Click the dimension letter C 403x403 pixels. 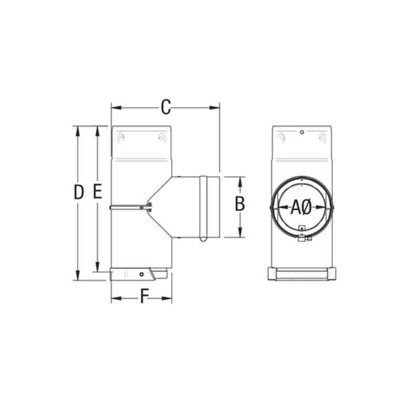166,107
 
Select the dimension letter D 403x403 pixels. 79,192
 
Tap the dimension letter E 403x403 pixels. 97,192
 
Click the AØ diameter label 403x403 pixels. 301,207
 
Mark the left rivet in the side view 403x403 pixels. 120,138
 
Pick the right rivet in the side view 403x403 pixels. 162,138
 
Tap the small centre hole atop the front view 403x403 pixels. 301,132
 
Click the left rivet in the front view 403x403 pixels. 281,138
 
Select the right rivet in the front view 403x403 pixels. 322,138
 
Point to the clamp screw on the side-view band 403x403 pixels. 149,206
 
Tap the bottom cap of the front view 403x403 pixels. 301,274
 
